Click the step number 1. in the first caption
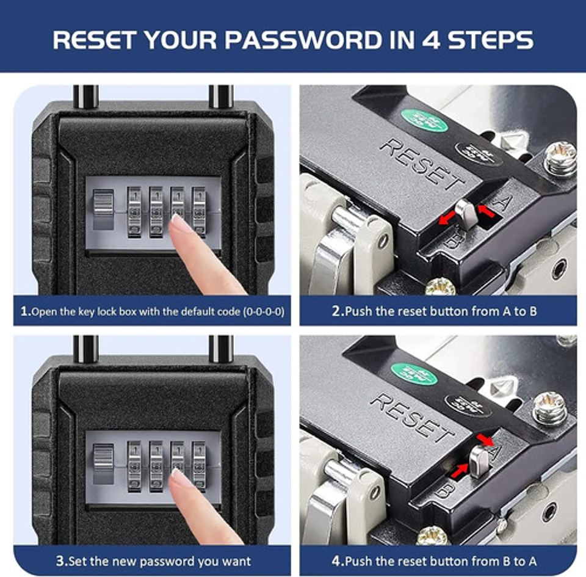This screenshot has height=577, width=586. click(x=25, y=311)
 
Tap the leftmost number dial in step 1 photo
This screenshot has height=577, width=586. click(x=134, y=212)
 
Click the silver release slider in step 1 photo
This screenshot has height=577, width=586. click(x=103, y=209)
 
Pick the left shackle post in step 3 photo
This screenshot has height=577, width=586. click(x=85, y=347)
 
